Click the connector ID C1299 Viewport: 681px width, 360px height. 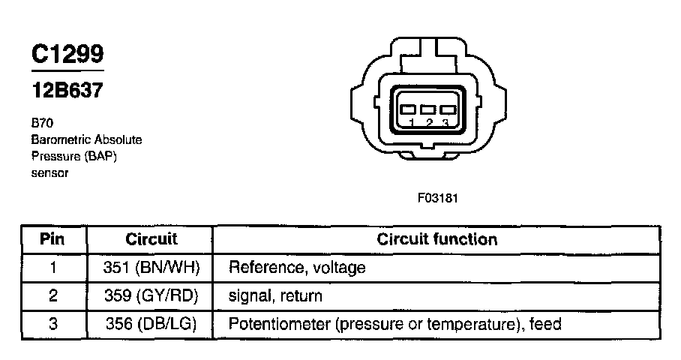coord(67,55)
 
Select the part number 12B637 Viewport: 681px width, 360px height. coord(67,91)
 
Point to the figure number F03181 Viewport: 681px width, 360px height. coord(438,199)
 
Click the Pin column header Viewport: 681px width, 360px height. coord(52,239)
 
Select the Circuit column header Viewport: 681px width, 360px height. coord(151,239)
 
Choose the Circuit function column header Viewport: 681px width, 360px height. coord(436,239)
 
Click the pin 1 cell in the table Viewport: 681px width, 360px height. coord(52,267)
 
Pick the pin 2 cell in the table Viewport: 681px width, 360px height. coord(52,295)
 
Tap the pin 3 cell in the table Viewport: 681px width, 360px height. coord(52,324)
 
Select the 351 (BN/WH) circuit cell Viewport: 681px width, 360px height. coord(151,267)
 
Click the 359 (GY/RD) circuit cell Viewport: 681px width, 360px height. coord(151,295)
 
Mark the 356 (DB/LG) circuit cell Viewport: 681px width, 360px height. coord(151,324)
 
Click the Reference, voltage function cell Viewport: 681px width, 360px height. coord(297,267)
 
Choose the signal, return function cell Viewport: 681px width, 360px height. coord(275,295)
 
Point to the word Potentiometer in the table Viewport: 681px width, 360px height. coord(277,324)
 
